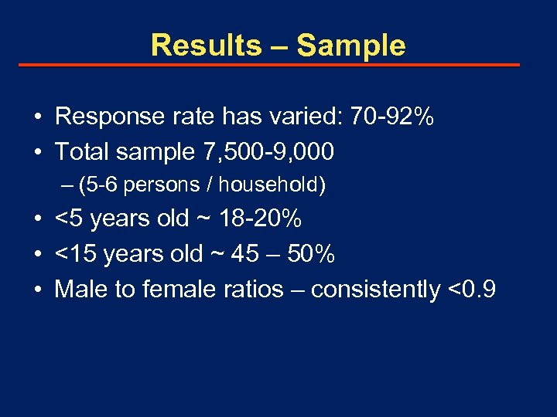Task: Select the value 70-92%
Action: [x=392, y=117]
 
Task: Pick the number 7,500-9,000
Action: [x=264, y=151]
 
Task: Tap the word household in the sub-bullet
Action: [x=279, y=185]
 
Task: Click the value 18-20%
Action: [x=259, y=219]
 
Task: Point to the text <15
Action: [x=75, y=253]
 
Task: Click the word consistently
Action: [x=375, y=289]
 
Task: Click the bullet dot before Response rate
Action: [x=37, y=117]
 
